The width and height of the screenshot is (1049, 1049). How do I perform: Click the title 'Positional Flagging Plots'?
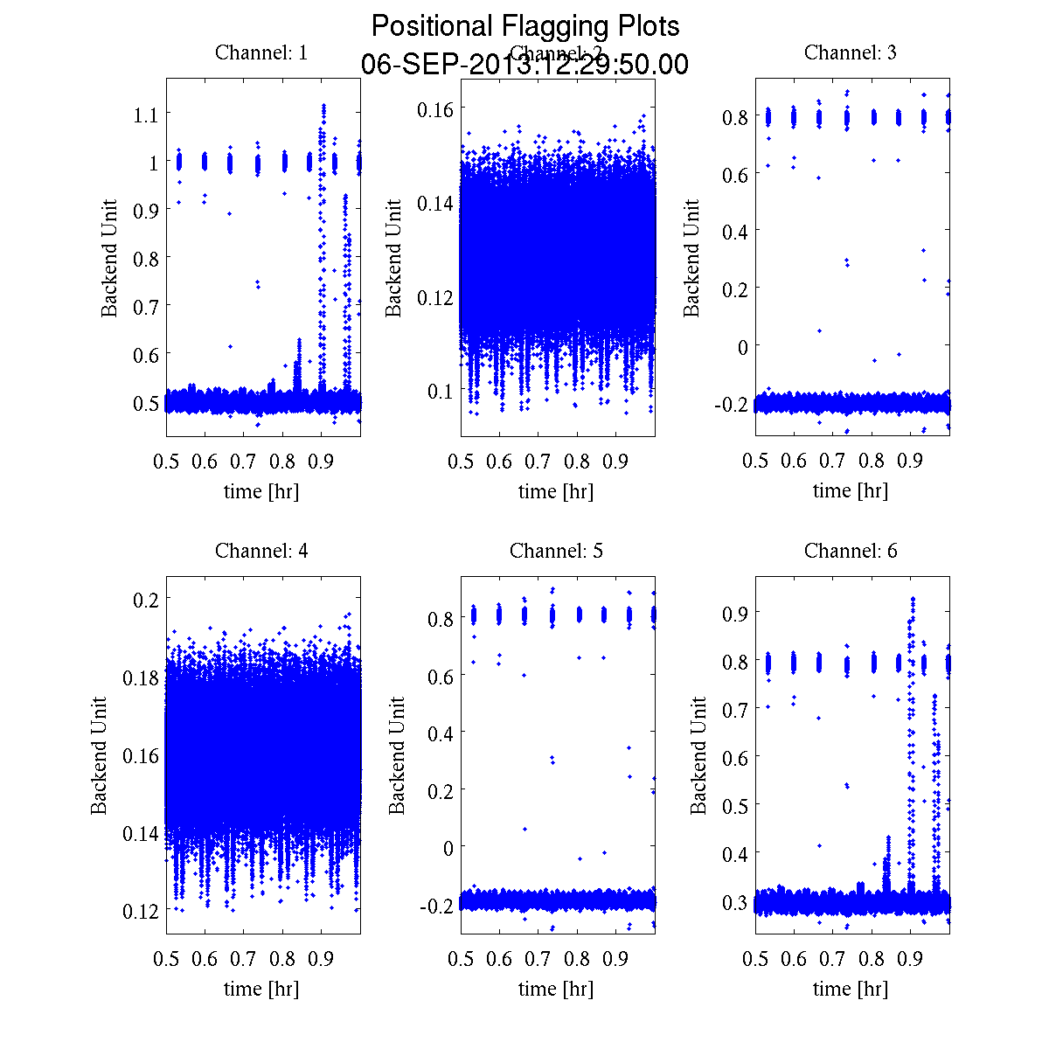pyautogui.click(x=524, y=26)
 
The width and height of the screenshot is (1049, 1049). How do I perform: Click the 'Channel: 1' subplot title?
pyautogui.click(x=261, y=52)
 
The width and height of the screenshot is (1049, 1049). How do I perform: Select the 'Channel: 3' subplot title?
pyautogui.click(x=850, y=52)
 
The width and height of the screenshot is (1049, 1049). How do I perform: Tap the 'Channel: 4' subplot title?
pyautogui.click(x=261, y=551)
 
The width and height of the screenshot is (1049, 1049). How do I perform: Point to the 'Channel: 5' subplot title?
pyautogui.click(x=556, y=551)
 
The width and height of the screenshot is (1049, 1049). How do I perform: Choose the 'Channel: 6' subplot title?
pyautogui.click(x=850, y=551)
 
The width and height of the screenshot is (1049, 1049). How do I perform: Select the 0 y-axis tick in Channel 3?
pyautogui.click(x=742, y=346)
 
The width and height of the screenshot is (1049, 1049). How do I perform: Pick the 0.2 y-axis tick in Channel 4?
pyautogui.click(x=145, y=599)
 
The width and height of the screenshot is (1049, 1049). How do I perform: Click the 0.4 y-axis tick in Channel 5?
pyautogui.click(x=441, y=732)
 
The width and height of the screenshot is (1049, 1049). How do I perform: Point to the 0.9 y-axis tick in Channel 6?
pyautogui.click(x=735, y=612)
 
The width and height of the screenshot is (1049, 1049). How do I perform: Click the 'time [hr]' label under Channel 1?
pyautogui.click(x=261, y=491)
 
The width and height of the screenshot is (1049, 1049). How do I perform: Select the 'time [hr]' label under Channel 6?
pyautogui.click(x=850, y=989)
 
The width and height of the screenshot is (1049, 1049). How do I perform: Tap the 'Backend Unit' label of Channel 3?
pyautogui.click(x=691, y=258)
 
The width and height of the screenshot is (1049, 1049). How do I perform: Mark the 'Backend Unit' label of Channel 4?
pyautogui.click(x=99, y=755)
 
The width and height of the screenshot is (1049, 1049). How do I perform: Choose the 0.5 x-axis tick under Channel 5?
pyautogui.click(x=461, y=959)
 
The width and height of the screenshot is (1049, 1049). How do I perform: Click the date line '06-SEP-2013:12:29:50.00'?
pyautogui.click(x=524, y=65)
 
